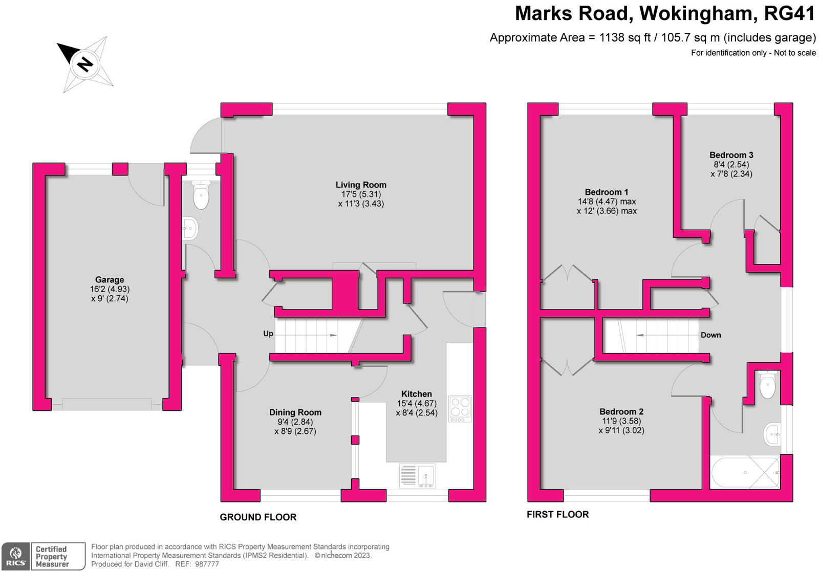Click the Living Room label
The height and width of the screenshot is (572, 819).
coord(361,185)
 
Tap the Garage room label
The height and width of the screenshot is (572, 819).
coord(110,280)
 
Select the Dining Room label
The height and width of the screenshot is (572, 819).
coord(295,412)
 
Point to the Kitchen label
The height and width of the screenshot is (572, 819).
coord(416,394)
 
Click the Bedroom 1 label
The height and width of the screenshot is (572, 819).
coord(607,192)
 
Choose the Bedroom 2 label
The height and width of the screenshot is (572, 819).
coord(621,412)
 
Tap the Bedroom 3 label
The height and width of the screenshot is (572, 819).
coord(731,155)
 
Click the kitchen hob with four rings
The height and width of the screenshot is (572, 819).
coord(460,407)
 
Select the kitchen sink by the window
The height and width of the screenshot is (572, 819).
coord(418,475)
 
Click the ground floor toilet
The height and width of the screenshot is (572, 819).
coord(201,195)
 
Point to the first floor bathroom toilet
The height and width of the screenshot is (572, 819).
coord(767,385)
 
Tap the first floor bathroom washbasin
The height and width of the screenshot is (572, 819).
coord(772,435)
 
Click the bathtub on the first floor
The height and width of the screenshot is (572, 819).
coord(745,472)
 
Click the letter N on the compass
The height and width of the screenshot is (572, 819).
coord(84,64)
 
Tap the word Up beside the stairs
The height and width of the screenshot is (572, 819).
coord(268,334)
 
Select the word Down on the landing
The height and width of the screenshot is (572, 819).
coord(710,335)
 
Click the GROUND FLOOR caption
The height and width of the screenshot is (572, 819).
coord(258,517)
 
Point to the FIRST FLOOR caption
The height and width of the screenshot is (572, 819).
coord(557,515)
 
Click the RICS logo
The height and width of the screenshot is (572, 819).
coord(16,557)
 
